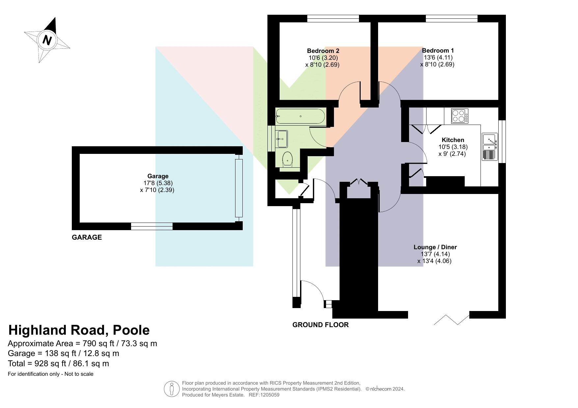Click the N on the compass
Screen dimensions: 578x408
tap(47, 40)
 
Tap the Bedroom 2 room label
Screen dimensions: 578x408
tap(323, 51)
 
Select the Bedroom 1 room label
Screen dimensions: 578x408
tap(438, 51)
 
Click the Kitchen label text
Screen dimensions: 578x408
tap(453, 140)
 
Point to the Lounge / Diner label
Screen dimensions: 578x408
tap(435, 247)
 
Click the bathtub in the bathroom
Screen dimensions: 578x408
tap(300, 116)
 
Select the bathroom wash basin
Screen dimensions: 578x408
tap(282, 139)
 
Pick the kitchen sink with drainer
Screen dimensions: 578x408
tap(490, 147)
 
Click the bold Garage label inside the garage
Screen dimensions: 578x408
tap(158, 176)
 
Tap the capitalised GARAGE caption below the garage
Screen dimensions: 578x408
tap(87, 237)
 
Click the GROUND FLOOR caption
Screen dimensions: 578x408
tap(320, 325)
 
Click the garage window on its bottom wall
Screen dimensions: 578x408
tap(152, 226)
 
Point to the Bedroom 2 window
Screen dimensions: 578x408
tap(333, 18)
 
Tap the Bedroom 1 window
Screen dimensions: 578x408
tap(452, 18)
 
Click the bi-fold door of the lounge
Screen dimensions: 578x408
tap(452, 320)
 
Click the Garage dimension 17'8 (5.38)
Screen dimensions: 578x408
tap(158, 183)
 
